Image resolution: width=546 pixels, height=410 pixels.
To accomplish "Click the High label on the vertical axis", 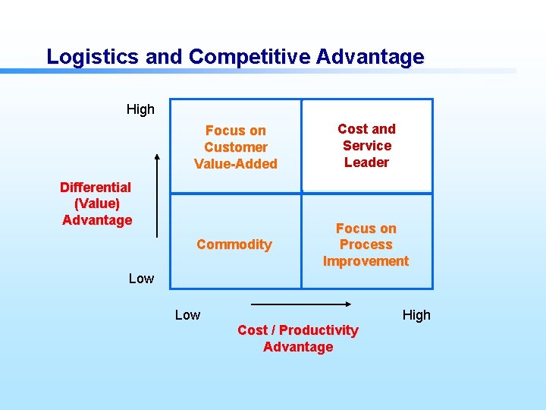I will pyautogui.click(x=140, y=109).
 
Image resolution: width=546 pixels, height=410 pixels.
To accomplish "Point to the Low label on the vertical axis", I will pyautogui.click(x=140, y=279).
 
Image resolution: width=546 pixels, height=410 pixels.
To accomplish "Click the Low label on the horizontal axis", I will pyautogui.click(x=187, y=315).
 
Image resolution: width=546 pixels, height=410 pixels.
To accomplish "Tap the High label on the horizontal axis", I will pyautogui.click(x=416, y=315).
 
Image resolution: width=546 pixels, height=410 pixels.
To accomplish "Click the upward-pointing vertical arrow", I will pyautogui.click(x=157, y=194).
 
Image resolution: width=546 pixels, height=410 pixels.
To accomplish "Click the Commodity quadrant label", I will pyautogui.click(x=234, y=244).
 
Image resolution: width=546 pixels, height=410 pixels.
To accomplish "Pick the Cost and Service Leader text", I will pyautogui.click(x=366, y=146).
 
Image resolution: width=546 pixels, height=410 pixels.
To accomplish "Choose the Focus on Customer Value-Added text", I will pyautogui.click(x=236, y=147).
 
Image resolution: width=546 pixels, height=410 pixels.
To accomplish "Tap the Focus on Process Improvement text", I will pyautogui.click(x=366, y=244).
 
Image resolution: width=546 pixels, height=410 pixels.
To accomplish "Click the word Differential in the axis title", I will pyautogui.click(x=96, y=187).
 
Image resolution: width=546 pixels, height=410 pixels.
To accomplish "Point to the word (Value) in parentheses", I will pyautogui.click(x=97, y=203).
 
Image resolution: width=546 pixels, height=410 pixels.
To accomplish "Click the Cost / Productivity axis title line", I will pyautogui.click(x=297, y=330).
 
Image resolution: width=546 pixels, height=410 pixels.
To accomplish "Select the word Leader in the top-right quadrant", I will pyautogui.click(x=366, y=162).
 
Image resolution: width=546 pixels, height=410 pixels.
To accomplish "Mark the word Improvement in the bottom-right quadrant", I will pyautogui.click(x=366, y=261).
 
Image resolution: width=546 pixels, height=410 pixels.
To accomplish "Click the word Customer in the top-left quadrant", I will pyautogui.click(x=236, y=147).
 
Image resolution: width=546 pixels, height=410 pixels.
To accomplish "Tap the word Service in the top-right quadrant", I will pyautogui.click(x=367, y=146).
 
